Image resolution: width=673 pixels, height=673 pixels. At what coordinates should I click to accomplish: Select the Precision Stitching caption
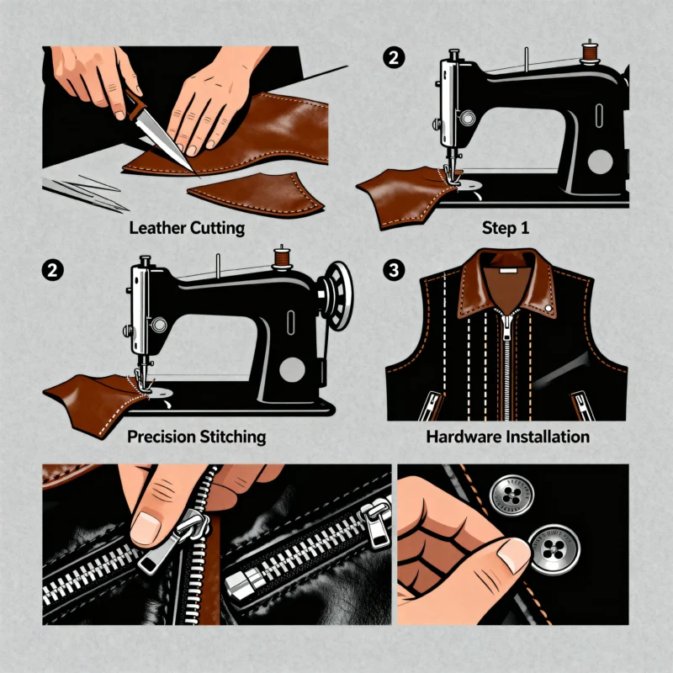coord(195,437)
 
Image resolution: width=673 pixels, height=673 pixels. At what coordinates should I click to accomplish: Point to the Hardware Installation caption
coord(508,437)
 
